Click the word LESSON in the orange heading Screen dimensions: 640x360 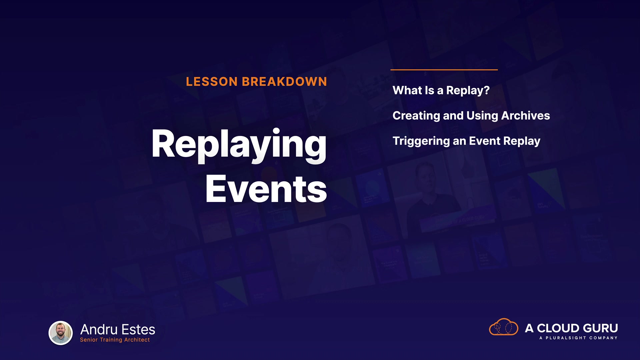pyautogui.click(x=212, y=82)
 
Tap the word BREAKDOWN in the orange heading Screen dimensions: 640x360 pyautogui.click(x=284, y=82)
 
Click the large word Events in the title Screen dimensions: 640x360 pyautogui.click(x=266, y=189)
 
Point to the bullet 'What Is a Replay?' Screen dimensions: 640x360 pyautogui.click(x=441, y=91)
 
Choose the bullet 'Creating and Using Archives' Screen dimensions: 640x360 pyautogui.click(x=471, y=116)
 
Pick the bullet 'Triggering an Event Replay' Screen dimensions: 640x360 pyautogui.click(x=466, y=141)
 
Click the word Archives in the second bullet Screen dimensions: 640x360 pyautogui.click(x=526, y=115)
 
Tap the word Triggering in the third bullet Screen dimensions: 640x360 pyautogui.click(x=421, y=141)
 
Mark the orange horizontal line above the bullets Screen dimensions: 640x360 pyautogui.click(x=444, y=70)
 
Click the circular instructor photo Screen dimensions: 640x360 pyautogui.click(x=61, y=333)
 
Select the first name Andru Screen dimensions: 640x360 pyautogui.click(x=99, y=330)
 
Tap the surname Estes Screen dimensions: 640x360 pyautogui.click(x=138, y=330)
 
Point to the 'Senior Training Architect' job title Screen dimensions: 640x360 pyautogui.click(x=115, y=340)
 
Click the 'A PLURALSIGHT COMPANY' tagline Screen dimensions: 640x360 pyautogui.click(x=578, y=338)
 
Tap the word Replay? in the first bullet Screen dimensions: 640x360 pyautogui.click(x=468, y=91)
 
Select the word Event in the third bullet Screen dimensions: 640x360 pyautogui.click(x=485, y=141)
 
